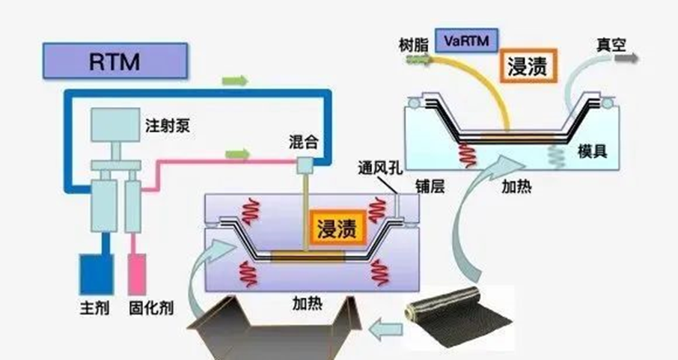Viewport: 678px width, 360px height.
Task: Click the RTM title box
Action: tap(114, 61)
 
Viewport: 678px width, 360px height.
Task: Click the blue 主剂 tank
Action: tap(95, 273)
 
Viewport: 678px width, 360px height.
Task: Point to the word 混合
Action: tap(305, 141)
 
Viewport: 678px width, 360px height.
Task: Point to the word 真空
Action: tap(610, 43)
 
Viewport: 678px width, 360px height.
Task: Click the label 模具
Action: tap(592, 151)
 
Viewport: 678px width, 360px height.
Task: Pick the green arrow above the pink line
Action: tap(237, 154)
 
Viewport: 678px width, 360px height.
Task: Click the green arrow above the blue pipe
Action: tap(235, 79)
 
